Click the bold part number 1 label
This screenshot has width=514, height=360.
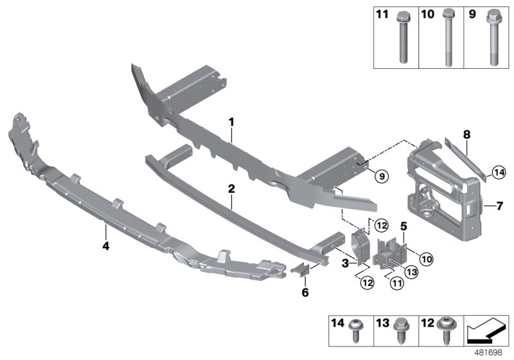[x=232, y=121]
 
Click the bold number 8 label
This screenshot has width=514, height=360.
[x=467, y=135]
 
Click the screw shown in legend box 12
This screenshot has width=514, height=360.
[x=445, y=332]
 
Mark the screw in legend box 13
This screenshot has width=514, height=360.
[x=399, y=332]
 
